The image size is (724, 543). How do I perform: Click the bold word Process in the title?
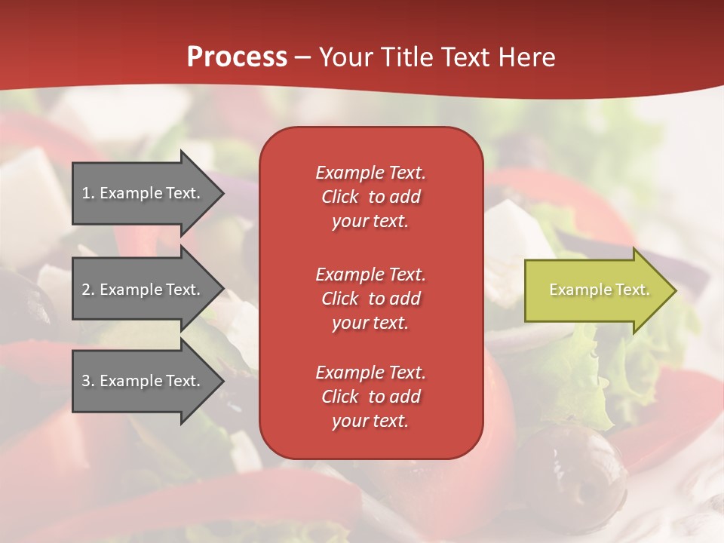coord(237,57)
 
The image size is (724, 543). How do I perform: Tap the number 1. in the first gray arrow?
coord(88,193)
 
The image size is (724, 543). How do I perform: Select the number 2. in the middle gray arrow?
coord(88,290)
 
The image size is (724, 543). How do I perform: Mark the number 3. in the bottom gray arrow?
coord(88,381)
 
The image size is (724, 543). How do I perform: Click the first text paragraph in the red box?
coord(370,197)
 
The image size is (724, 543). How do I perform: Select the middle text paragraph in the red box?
coord(370,299)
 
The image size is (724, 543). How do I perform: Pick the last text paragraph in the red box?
coord(370,397)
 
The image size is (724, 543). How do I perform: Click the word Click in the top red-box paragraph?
coord(340,197)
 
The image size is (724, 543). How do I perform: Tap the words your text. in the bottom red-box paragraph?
coord(370,421)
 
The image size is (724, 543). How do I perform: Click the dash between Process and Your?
coord(302,58)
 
